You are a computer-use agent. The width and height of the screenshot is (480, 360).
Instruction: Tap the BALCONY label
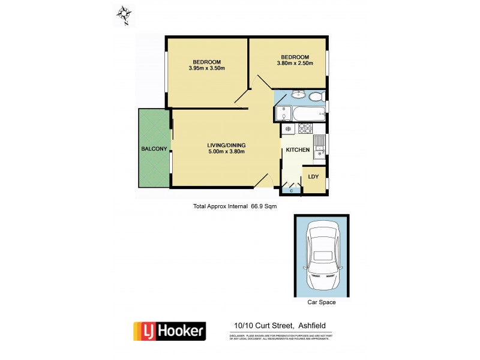coord(154,148)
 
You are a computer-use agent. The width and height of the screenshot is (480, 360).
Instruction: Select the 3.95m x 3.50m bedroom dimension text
coord(206,68)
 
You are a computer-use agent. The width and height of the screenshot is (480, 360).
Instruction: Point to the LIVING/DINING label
coord(226,145)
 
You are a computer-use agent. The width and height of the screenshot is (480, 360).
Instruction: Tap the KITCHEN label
coord(298,149)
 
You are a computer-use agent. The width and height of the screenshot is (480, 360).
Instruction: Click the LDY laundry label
coord(313,177)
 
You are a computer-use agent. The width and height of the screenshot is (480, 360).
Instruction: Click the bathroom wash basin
coord(298,94)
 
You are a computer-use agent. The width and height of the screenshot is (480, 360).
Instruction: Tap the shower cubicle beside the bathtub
coord(280,113)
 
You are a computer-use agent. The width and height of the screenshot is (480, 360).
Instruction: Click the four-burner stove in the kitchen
coord(305,128)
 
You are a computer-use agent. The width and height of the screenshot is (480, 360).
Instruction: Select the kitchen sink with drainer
coord(319,147)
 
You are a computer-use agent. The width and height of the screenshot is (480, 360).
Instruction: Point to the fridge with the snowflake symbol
coord(287,129)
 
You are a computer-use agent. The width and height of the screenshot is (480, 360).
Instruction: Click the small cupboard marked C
coord(292,190)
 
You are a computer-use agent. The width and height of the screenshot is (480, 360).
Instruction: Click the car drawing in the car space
coord(322,255)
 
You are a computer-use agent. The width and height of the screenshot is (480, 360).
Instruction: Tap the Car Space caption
coord(322,302)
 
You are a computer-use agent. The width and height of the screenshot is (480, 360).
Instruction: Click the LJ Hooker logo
coord(169,331)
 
